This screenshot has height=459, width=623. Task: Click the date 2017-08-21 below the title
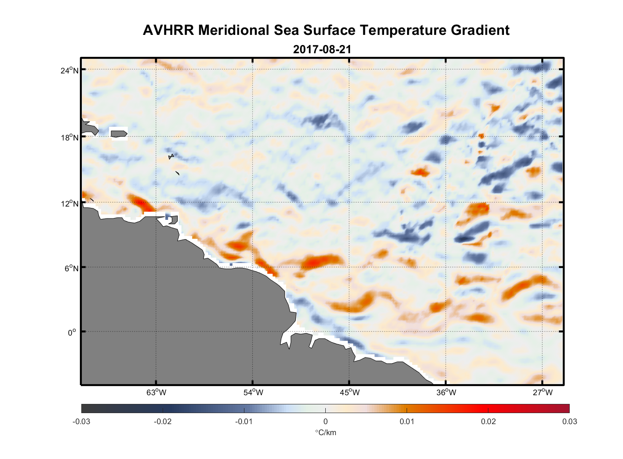[322, 49]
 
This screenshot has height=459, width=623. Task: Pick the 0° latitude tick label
[72, 332]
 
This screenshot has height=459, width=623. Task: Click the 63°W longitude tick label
[157, 392]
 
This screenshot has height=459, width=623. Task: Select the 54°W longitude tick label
[253, 392]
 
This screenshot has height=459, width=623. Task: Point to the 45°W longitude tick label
[350, 392]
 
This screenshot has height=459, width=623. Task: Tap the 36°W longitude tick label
[446, 392]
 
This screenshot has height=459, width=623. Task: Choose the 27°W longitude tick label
[543, 392]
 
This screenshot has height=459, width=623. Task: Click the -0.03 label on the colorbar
[81, 421]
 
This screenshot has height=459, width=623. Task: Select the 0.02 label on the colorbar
[488, 421]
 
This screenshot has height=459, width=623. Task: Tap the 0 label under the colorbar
[325, 421]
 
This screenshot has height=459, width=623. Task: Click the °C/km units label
[325, 432]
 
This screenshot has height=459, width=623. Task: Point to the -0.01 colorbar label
[244, 421]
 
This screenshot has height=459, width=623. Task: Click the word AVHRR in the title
[168, 30]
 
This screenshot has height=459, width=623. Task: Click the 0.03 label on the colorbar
[570, 421]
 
